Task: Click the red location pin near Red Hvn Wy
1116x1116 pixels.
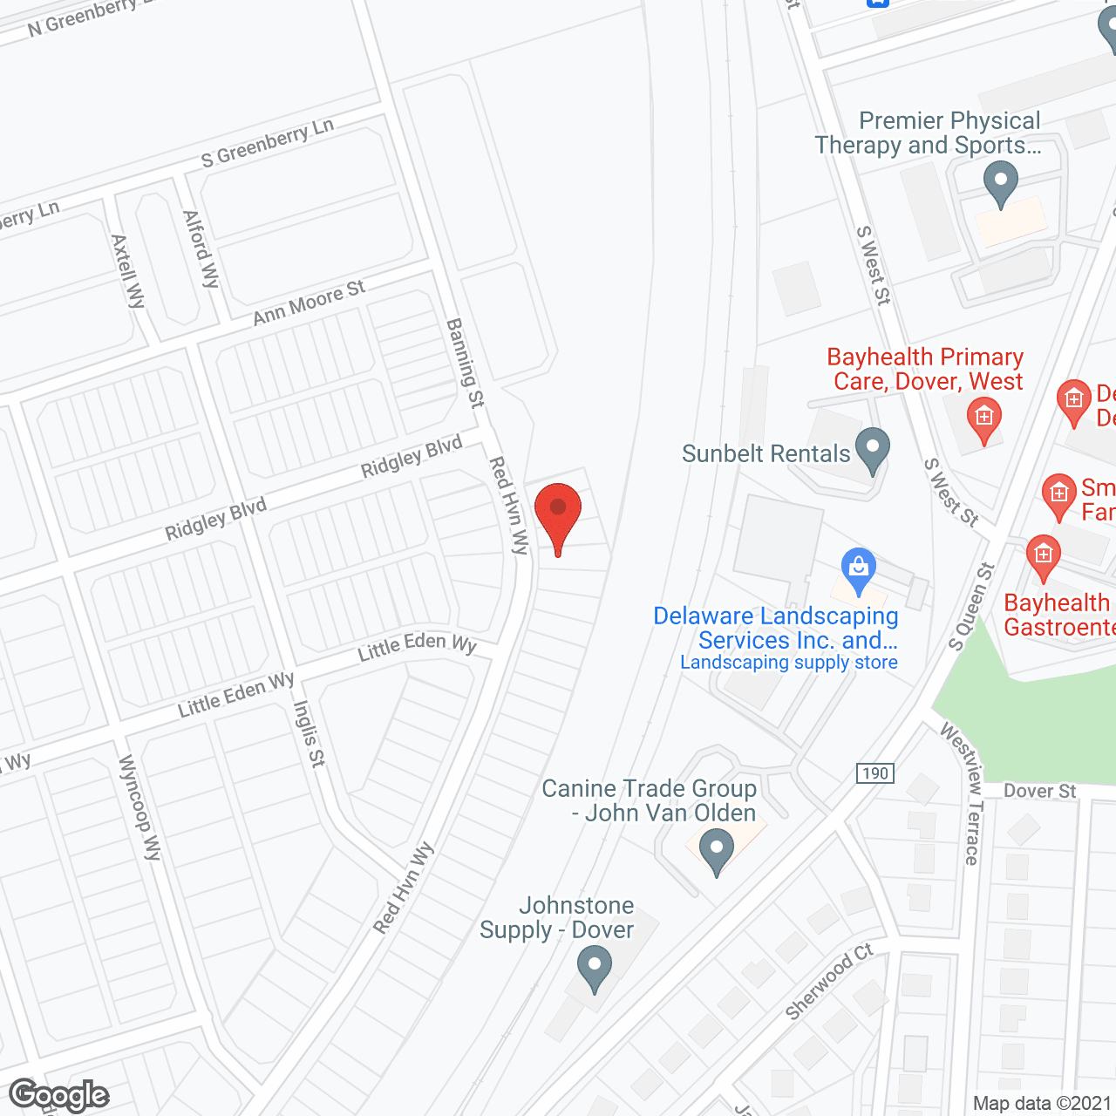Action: pyautogui.click(x=558, y=514)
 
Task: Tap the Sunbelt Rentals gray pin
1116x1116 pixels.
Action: pyautogui.click(x=872, y=449)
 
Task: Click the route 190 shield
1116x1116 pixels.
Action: pyautogui.click(x=874, y=773)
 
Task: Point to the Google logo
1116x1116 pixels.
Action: pyautogui.click(x=59, y=1095)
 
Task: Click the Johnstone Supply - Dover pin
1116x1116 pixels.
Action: pyautogui.click(x=595, y=969)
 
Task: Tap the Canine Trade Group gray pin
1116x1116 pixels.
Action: pyautogui.click(x=717, y=849)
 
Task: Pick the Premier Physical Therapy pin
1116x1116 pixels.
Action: pyautogui.click(x=1000, y=185)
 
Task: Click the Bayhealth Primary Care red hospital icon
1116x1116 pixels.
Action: pyautogui.click(x=983, y=418)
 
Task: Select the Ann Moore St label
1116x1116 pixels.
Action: pyautogui.click(x=309, y=303)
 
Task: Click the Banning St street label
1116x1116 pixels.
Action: pyautogui.click(x=466, y=363)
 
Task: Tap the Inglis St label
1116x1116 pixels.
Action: pyautogui.click(x=310, y=733)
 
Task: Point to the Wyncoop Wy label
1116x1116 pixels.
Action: pyautogui.click(x=140, y=807)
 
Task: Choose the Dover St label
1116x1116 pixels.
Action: pyautogui.click(x=1039, y=791)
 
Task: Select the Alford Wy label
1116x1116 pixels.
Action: pyautogui.click(x=201, y=248)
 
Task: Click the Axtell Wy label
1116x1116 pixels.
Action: pyautogui.click(x=128, y=271)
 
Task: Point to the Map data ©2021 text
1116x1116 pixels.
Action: pyautogui.click(x=1042, y=1103)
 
